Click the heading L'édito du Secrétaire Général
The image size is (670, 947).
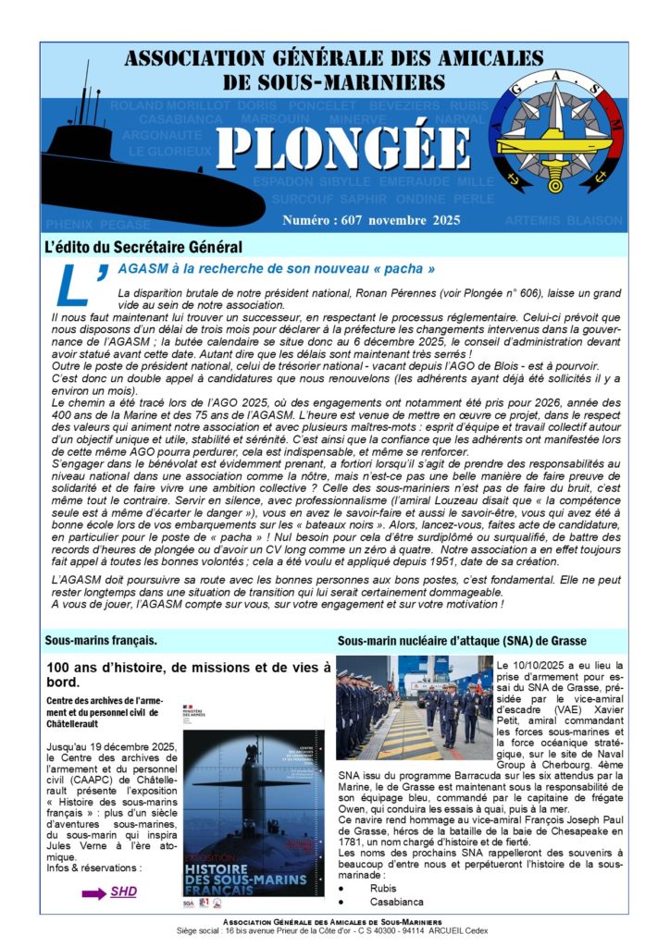click(x=143, y=247)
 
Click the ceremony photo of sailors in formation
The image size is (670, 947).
click(x=414, y=707)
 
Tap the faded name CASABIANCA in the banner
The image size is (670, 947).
click(x=180, y=119)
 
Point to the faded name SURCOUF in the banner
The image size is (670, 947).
click(x=302, y=198)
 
